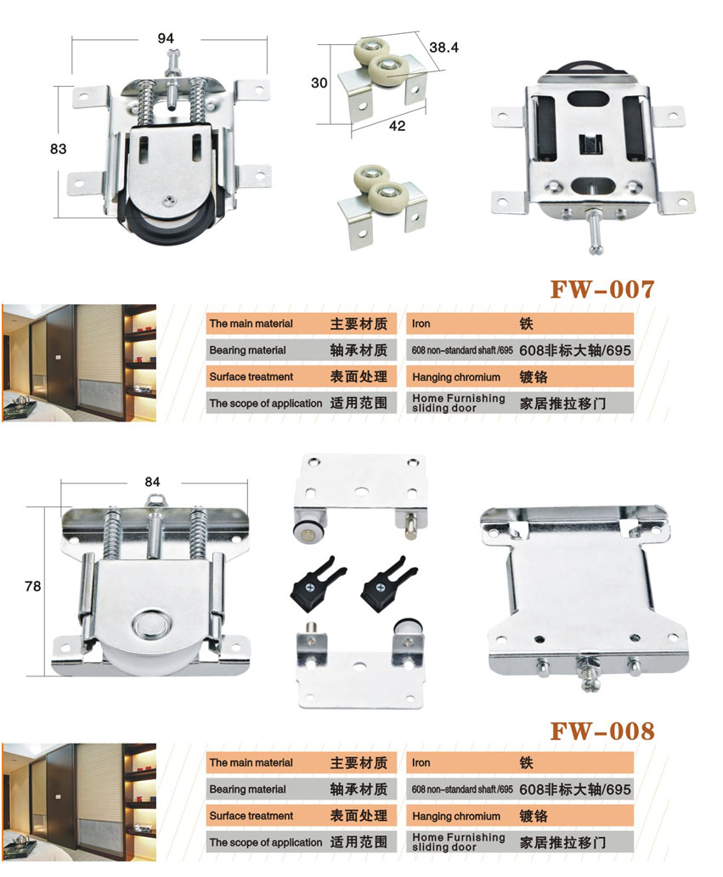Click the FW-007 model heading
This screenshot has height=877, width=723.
pos(602,290)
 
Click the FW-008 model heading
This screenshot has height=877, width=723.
pos(602,731)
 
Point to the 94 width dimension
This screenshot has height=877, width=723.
pos(166,38)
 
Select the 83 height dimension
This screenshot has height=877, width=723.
pos(58,149)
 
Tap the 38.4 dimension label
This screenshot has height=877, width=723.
pos(444,48)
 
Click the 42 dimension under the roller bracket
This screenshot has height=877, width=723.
pos(397,126)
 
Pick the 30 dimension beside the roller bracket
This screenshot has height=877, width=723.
pos(319,82)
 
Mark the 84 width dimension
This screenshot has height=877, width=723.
pos(152,482)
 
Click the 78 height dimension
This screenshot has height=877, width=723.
pos(33,586)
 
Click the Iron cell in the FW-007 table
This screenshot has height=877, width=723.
pos(421,324)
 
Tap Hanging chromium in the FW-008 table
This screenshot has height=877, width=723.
pos(456,816)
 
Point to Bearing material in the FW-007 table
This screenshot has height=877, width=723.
pos(248,351)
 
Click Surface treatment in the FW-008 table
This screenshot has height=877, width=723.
pos(251,816)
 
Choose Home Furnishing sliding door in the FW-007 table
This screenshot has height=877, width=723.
pos(459,404)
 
